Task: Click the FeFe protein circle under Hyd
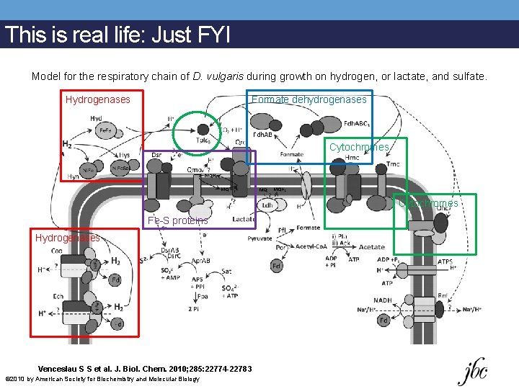point(105,131)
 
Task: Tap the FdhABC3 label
point(357,123)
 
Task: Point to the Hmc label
point(352,158)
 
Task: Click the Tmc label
point(393,164)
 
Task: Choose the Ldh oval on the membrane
point(267,204)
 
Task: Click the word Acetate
point(372,247)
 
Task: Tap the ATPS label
point(447,261)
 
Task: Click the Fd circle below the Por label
point(277,267)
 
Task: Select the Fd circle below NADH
point(384,320)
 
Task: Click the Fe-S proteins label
point(177,221)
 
